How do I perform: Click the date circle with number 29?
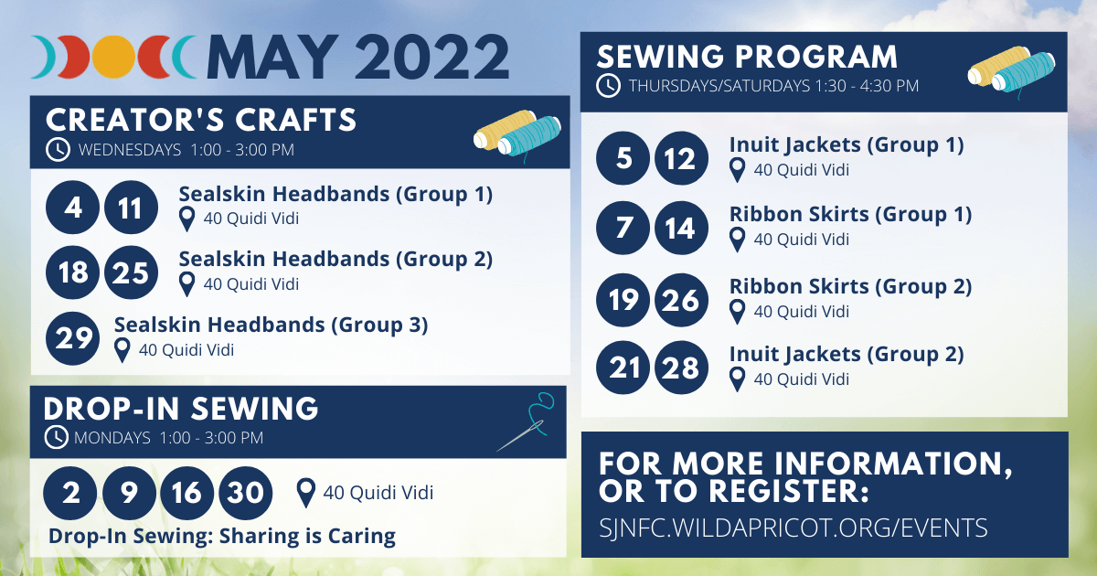[x=73, y=338]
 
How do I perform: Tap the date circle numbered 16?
[x=187, y=493]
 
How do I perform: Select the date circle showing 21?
[x=623, y=368]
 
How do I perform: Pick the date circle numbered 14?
[x=681, y=228]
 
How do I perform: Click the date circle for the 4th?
[x=73, y=208]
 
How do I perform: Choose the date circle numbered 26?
[x=681, y=300]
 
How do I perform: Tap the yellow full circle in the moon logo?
[x=113, y=57]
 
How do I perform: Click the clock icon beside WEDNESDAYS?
[x=58, y=149]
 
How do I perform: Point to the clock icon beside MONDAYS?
[x=57, y=437]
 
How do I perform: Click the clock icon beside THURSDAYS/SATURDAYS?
[x=608, y=86]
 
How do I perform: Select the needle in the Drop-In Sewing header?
[x=520, y=436]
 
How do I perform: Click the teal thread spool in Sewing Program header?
[x=1024, y=72]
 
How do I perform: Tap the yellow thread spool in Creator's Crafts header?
[x=505, y=129]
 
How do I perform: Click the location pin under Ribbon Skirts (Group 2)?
[x=737, y=312]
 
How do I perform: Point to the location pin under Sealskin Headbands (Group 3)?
[x=122, y=351]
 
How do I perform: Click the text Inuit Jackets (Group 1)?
[x=847, y=145]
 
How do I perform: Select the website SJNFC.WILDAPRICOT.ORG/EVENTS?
[x=793, y=528]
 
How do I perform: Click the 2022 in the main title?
[x=431, y=57]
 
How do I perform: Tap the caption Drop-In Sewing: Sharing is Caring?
[x=222, y=537]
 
